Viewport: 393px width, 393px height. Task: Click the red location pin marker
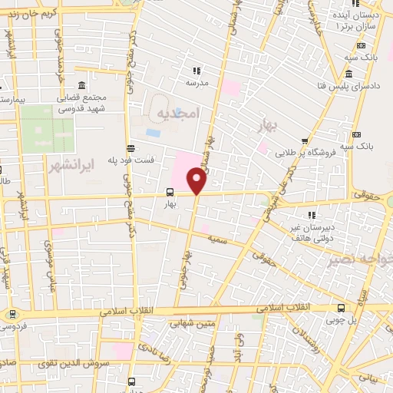(196, 181)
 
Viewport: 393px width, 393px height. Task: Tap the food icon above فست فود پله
(130, 149)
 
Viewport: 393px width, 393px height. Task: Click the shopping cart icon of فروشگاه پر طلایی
(305, 140)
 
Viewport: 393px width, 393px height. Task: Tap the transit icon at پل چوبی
(341, 307)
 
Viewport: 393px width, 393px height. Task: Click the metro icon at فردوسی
(11, 314)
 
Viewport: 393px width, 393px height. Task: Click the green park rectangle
(47, 129)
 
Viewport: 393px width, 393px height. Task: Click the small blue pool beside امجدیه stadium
(154, 132)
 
